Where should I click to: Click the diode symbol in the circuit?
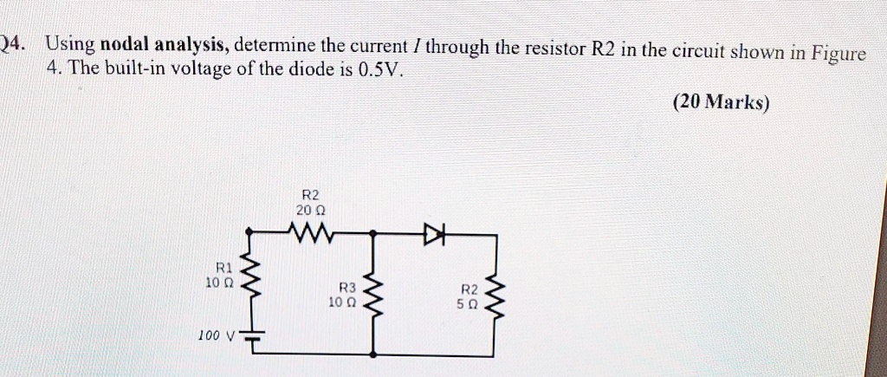433,233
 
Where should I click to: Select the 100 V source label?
216,335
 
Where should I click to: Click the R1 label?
224,268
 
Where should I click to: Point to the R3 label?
347,288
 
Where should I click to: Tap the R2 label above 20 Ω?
310,194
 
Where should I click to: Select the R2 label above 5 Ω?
468,289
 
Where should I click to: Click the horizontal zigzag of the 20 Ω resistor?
310,232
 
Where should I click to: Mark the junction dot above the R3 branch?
373,234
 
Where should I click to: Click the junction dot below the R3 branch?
373,354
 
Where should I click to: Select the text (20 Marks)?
720,102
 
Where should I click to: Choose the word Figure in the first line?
837,52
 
